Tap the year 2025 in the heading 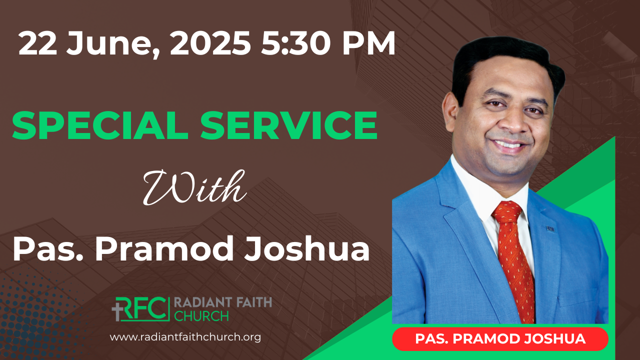coord(210,43)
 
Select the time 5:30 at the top coord(295,43)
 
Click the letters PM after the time coord(369,43)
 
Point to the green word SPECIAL coord(100,125)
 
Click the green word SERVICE coord(288,125)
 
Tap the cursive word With coord(194,187)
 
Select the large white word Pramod coord(164,248)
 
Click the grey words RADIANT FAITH coord(223,302)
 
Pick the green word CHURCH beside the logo coord(201,316)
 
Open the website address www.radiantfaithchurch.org coord(185,337)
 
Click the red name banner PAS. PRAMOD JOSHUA coord(500,339)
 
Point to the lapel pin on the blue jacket coord(550,229)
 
